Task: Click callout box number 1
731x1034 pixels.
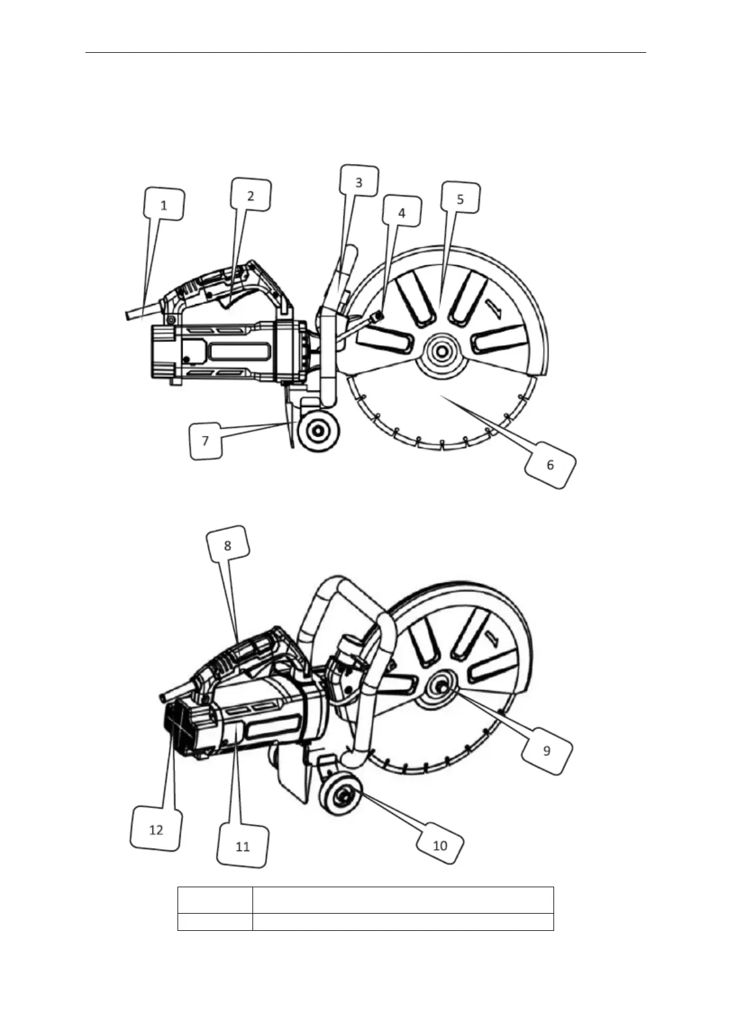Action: (164, 204)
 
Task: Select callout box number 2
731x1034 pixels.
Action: (251, 195)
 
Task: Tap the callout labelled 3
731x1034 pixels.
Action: (359, 181)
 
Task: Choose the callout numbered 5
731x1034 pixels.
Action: (460, 198)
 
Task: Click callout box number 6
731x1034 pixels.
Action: (550, 464)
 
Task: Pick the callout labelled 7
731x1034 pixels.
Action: (206, 441)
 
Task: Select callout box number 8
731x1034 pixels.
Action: (228, 545)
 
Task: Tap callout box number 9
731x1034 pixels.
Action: (547, 750)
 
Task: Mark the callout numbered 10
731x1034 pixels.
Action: (440, 845)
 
